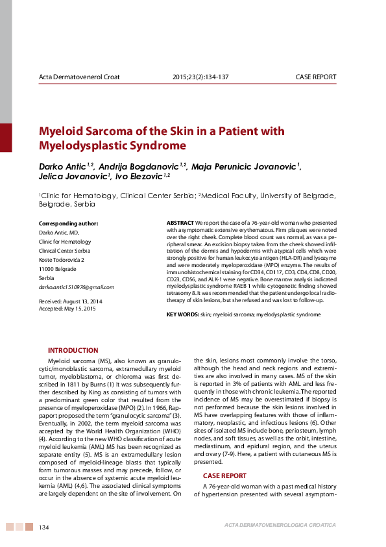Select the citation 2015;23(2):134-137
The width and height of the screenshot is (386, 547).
(x=200, y=77)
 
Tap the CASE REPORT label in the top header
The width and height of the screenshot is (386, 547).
(x=316, y=77)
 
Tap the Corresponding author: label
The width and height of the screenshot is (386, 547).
(x=69, y=223)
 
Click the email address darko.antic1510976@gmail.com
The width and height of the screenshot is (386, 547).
(x=77, y=287)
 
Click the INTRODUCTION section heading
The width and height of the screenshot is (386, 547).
(x=73, y=350)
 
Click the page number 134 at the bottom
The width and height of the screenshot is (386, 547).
(x=45, y=526)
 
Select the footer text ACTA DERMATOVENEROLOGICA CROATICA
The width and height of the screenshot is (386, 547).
(x=280, y=525)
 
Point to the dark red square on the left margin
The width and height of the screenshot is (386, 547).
(x=6, y=137)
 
